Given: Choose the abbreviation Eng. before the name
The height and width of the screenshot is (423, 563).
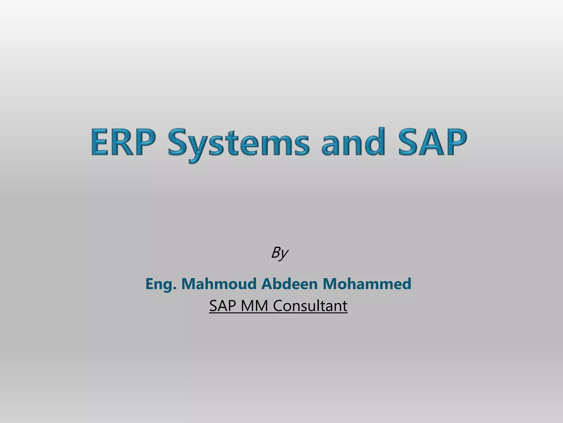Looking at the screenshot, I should click(161, 284).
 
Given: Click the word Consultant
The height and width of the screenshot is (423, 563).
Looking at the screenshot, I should click(310, 306).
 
